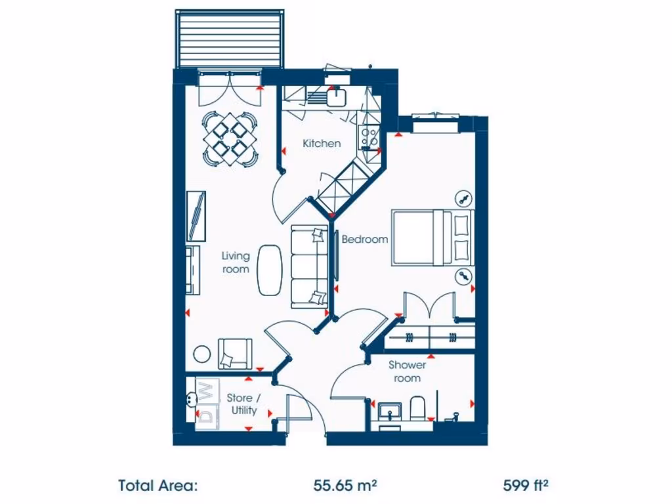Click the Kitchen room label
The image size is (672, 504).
(x=322, y=143)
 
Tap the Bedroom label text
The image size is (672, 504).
(x=365, y=240)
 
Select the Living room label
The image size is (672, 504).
(x=236, y=262)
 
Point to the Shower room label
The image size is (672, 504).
(x=407, y=371)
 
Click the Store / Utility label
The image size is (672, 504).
(x=243, y=404)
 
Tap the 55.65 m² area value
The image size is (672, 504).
(x=345, y=486)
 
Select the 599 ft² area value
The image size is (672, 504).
(x=526, y=486)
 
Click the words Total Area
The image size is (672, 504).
(x=157, y=486)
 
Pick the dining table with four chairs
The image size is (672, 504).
(x=229, y=138)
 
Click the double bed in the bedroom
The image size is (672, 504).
(x=432, y=238)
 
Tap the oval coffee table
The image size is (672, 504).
(x=268, y=270)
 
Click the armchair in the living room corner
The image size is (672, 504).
(x=234, y=353)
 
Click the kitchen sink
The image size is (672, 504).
(x=337, y=97)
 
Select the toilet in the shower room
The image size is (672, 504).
(x=418, y=408)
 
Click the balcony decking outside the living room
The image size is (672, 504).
(x=230, y=38)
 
